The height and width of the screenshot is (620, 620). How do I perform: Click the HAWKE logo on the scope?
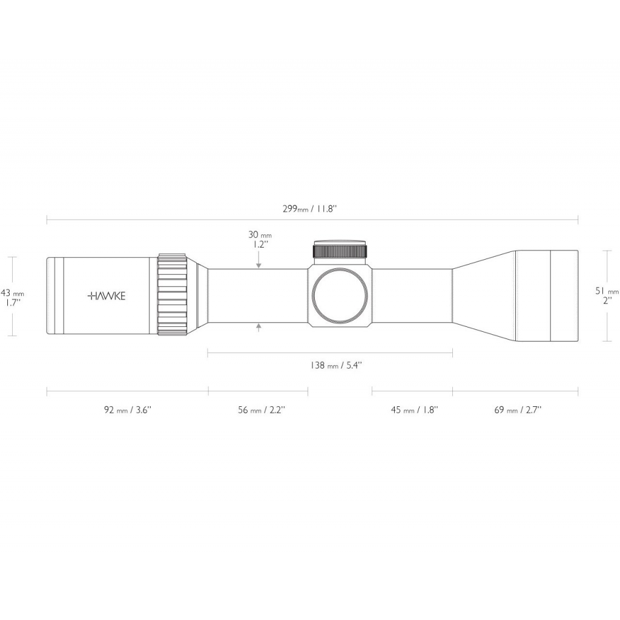107,295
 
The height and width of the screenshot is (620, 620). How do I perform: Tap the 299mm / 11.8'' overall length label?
309,209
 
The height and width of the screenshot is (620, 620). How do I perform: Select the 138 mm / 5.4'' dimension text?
336,365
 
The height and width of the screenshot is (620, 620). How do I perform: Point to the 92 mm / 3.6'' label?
128,410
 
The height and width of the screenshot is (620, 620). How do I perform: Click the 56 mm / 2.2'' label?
262,410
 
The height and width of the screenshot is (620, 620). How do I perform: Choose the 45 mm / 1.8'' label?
415,410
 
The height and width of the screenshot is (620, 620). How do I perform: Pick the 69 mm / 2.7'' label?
518,410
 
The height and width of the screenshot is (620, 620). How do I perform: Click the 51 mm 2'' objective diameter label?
607,295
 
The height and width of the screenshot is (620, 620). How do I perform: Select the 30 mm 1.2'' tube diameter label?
260,239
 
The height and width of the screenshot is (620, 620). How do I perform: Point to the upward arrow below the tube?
259,328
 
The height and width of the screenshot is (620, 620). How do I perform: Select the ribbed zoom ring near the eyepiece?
173,295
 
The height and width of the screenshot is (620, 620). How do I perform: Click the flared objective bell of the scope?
515,295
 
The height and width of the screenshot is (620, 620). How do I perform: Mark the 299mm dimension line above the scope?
312,220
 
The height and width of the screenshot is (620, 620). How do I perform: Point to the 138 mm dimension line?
330,353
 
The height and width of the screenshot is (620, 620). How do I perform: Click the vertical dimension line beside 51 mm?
607,295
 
